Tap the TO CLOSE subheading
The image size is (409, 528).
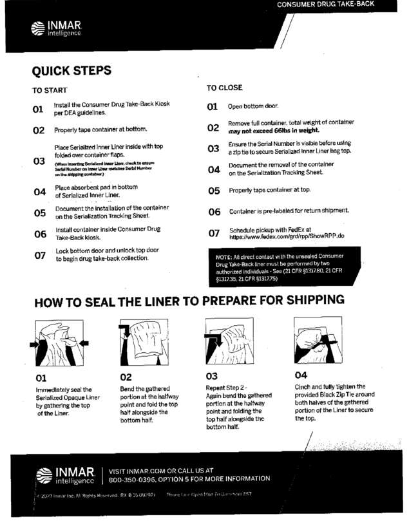point(224,88)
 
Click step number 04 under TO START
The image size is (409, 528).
point(39,192)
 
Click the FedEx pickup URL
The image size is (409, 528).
point(287,236)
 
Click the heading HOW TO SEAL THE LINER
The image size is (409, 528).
point(189,301)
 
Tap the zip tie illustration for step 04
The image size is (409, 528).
point(317,341)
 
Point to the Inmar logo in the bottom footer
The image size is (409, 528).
point(68,475)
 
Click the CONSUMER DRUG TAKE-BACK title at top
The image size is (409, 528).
point(325,5)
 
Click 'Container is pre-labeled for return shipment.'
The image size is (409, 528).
point(289,211)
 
